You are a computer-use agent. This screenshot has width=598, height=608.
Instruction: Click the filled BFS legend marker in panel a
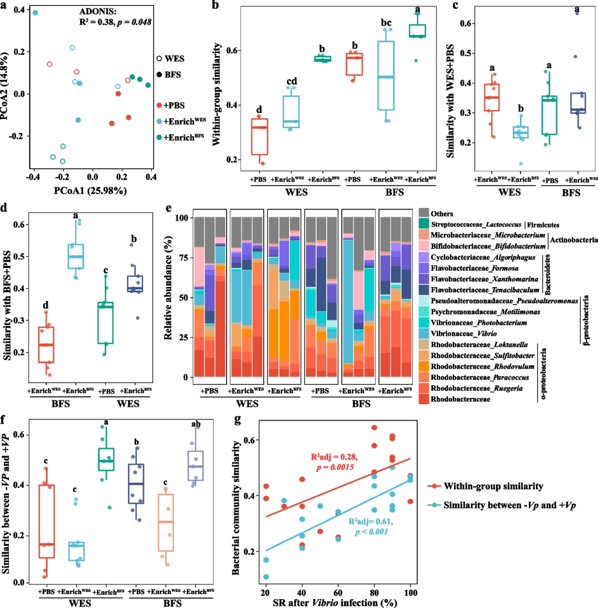160,74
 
